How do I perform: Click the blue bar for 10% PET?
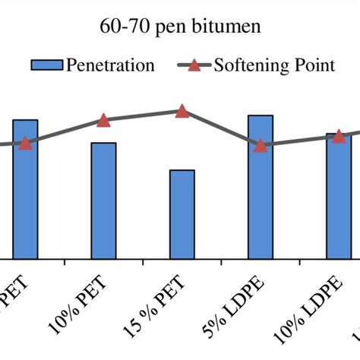103,201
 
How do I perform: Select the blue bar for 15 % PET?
182,214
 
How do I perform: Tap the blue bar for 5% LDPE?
260,187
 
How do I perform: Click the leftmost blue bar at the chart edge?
25,190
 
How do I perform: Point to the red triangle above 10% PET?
103,120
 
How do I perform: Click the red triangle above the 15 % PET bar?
182,112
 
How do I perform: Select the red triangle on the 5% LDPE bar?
261,145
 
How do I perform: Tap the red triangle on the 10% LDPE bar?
338,135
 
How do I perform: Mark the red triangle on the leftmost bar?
25,143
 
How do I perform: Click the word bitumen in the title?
235,27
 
